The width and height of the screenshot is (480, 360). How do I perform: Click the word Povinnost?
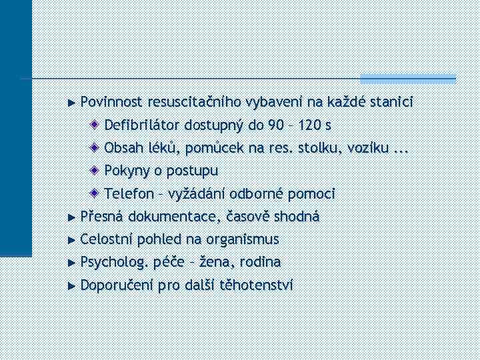coord(111,102)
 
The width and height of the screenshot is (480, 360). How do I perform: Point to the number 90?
coord(275,125)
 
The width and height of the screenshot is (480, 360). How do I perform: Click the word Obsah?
coord(122,147)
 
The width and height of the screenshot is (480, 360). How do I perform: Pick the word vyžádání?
coord(196,194)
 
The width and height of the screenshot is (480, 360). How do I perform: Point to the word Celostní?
coord(107,239)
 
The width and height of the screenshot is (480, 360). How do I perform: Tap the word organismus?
coord(243,239)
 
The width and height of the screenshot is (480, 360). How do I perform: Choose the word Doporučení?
coord(116,285)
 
